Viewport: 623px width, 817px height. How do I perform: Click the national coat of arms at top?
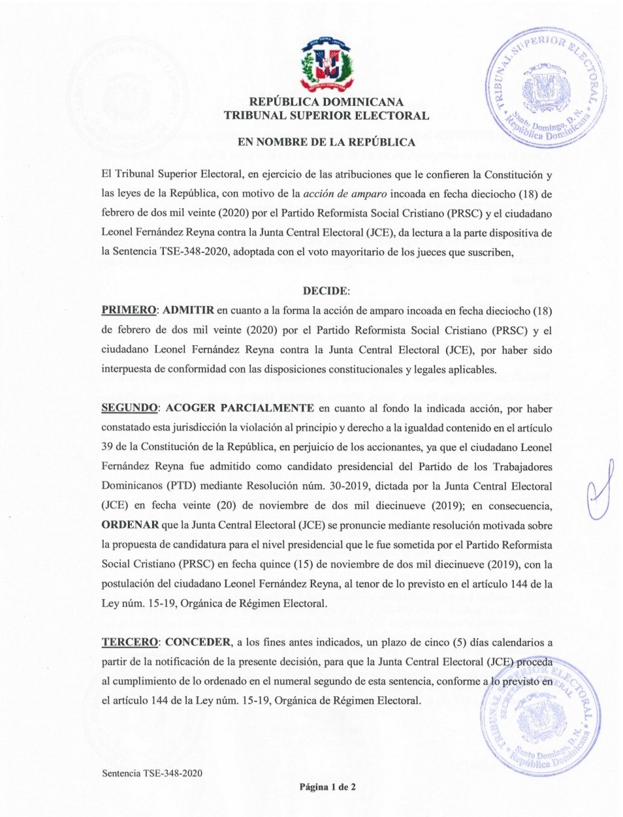tap(327, 64)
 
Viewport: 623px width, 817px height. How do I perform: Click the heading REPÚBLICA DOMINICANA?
tap(327, 102)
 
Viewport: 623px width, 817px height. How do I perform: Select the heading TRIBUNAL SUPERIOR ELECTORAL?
tap(327, 116)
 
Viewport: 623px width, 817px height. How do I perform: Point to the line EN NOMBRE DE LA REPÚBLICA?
tap(327, 142)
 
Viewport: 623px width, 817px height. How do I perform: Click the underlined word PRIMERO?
tap(129, 310)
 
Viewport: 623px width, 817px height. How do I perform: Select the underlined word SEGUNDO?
tap(129, 408)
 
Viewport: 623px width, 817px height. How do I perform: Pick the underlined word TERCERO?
tap(129, 642)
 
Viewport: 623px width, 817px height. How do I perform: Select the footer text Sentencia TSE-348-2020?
tap(152, 773)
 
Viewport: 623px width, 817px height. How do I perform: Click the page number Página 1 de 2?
tap(328, 787)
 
